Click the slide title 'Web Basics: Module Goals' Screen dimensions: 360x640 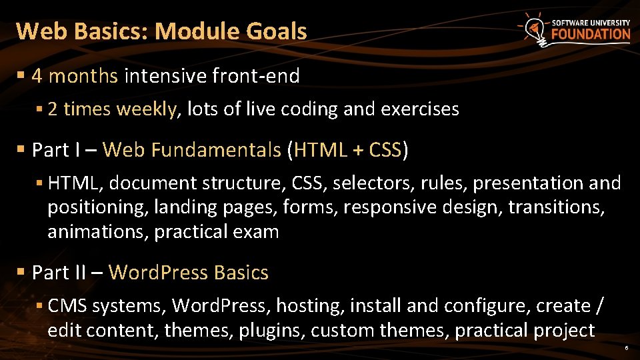(161, 31)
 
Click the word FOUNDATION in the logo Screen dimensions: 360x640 (591, 35)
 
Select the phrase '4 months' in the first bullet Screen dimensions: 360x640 (75, 76)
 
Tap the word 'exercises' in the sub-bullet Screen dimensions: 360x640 (419, 109)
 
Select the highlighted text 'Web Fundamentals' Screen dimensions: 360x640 (192, 150)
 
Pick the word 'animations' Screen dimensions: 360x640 (89, 232)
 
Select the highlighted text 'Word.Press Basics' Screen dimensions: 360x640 (189, 273)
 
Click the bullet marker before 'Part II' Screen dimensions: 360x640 (21, 273)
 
